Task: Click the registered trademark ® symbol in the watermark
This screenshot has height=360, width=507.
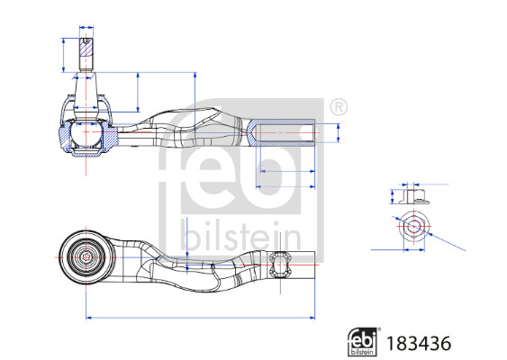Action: click(338, 107)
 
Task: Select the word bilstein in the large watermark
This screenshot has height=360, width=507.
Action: click(240, 237)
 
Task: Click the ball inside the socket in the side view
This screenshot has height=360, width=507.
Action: click(86, 135)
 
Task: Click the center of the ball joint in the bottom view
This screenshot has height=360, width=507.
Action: click(86, 257)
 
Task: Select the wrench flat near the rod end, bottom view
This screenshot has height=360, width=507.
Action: click(280, 264)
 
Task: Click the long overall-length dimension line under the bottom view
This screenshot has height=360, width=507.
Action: click(199, 317)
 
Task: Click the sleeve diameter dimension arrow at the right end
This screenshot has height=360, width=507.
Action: click(338, 133)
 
